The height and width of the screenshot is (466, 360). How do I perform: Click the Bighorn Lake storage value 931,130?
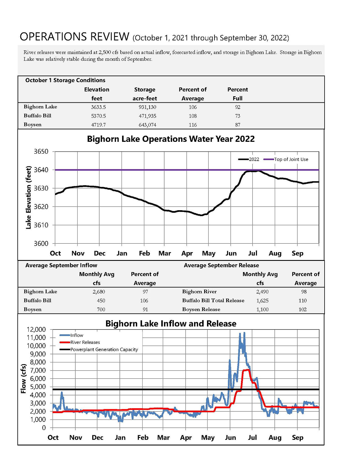(x=147, y=107)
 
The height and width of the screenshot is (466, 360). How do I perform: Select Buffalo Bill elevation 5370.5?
(x=98, y=116)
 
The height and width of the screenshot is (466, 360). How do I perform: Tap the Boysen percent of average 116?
(x=193, y=125)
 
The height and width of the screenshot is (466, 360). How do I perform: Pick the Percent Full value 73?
(x=238, y=116)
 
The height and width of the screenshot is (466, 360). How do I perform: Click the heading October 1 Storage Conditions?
(x=65, y=80)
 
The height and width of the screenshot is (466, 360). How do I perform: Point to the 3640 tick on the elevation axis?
(x=41, y=170)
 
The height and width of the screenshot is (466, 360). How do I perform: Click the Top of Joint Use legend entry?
(x=286, y=159)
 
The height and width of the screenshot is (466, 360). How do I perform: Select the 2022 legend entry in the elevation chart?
(x=249, y=159)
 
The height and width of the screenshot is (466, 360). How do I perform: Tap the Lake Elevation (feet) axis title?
(x=28, y=198)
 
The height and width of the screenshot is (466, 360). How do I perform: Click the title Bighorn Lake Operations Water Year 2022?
(x=171, y=139)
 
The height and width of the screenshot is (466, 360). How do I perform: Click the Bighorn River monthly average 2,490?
(x=262, y=292)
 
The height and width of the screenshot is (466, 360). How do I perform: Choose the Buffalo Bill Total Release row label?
(x=213, y=301)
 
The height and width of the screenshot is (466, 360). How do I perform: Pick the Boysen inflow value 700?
(x=101, y=310)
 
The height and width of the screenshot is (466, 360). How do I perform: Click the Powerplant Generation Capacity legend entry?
(x=99, y=349)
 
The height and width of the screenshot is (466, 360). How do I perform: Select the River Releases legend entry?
(x=80, y=342)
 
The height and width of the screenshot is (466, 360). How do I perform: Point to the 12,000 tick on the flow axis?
(x=36, y=330)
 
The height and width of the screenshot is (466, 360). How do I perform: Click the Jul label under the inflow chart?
(x=253, y=438)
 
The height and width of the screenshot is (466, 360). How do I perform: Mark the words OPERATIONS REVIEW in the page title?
(x=75, y=37)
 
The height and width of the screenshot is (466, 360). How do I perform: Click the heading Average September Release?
(x=221, y=265)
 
